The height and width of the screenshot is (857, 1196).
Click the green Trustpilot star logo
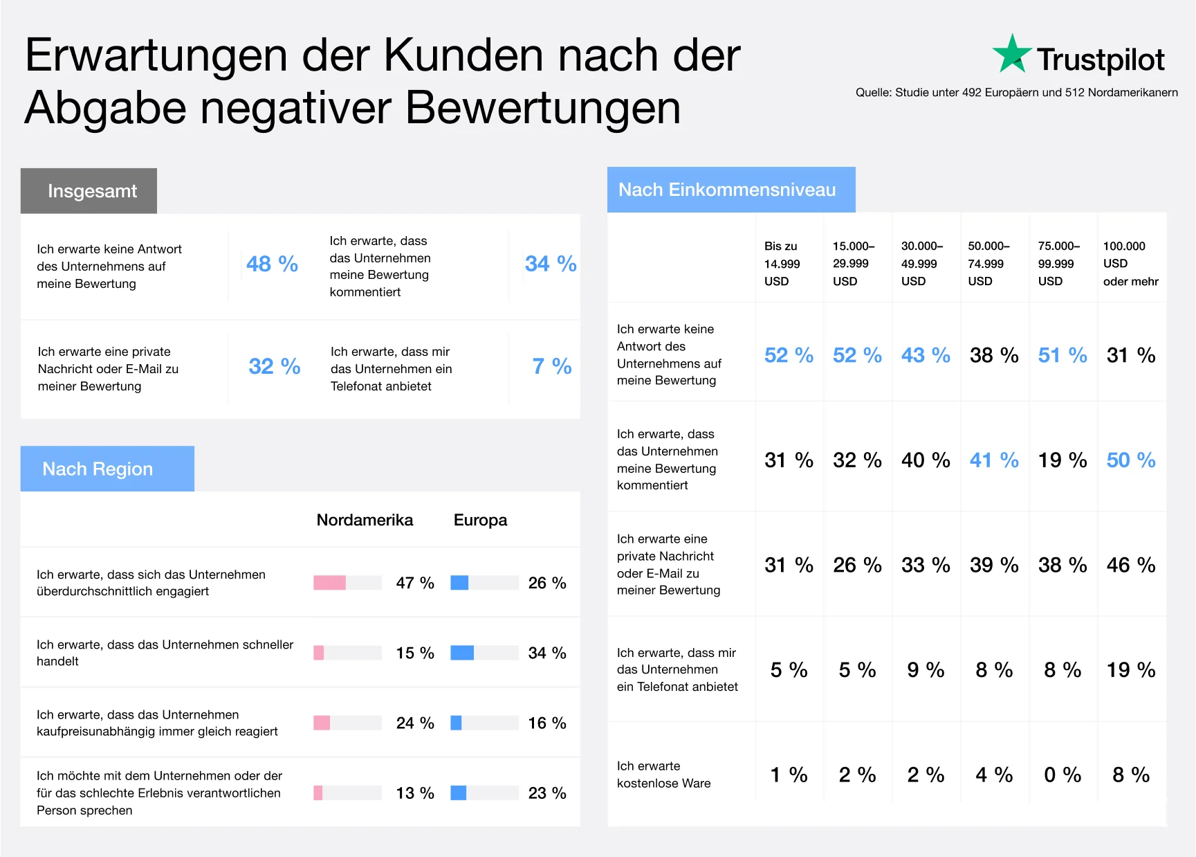(x=1011, y=54)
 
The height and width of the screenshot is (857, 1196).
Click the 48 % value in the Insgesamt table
(x=272, y=264)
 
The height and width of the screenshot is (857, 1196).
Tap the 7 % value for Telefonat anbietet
(x=551, y=366)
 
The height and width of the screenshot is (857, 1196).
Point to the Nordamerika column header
(x=365, y=520)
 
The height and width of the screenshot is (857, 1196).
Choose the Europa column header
(x=480, y=520)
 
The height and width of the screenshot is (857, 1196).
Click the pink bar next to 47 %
(x=329, y=583)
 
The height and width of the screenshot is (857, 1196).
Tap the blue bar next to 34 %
(x=462, y=653)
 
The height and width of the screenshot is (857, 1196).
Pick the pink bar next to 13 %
(x=318, y=793)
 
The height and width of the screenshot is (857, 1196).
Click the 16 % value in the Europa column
(x=546, y=723)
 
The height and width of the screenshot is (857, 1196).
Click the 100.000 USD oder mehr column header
(x=1130, y=264)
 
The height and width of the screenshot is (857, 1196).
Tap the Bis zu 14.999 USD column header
(x=782, y=264)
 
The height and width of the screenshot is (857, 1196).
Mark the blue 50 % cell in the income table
(x=1130, y=460)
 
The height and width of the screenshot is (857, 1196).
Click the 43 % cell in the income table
(x=925, y=355)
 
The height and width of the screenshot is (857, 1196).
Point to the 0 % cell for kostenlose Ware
(x=1062, y=775)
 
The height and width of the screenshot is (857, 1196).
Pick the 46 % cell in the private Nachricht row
(x=1130, y=565)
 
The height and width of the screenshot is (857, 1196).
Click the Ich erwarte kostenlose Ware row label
(x=663, y=775)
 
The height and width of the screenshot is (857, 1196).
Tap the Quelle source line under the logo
(x=1016, y=93)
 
